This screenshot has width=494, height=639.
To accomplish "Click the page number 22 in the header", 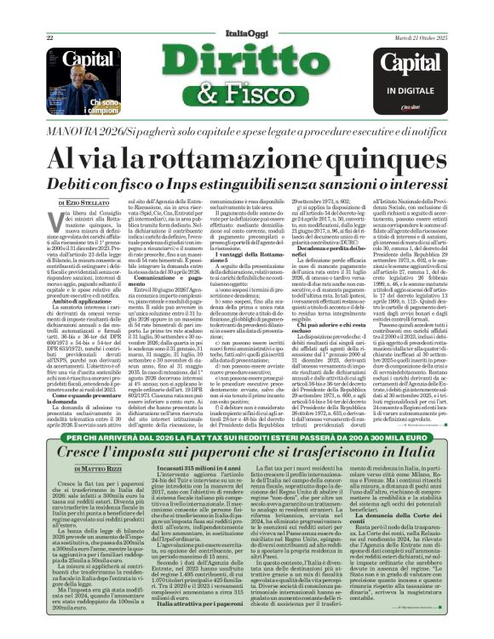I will point(49,37).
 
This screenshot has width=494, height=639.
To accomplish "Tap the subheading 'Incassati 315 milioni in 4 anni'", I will point(198,469).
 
